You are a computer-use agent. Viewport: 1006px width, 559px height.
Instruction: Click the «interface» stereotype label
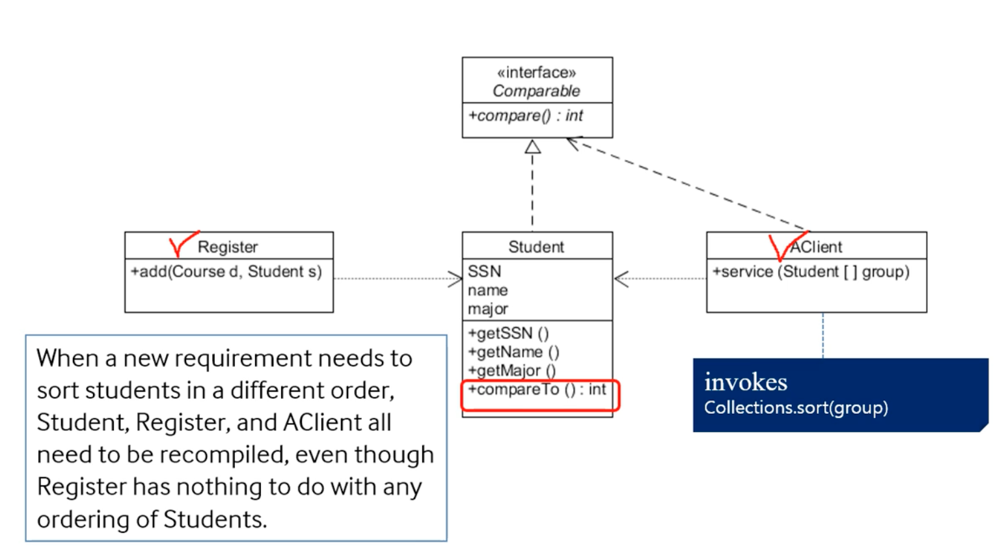pos(536,72)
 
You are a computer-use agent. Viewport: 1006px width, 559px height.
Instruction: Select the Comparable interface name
pos(536,91)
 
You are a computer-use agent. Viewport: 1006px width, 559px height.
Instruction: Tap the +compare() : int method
pos(525,116)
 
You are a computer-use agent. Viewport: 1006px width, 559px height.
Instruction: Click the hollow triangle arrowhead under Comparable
pos(532,147)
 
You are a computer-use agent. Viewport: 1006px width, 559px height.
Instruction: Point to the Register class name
pos(228,247)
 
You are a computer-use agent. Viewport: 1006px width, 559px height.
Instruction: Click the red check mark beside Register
pos(182,244)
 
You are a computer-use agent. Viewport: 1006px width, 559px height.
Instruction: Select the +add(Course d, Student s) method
pos(226,272)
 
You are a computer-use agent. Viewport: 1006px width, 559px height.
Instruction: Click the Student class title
pos(536,247)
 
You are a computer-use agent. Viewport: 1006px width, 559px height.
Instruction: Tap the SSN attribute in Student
pos(485,272)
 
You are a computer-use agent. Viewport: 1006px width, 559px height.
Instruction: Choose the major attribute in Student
pos(488,309)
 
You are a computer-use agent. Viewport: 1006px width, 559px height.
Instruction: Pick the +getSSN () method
pos(508,334)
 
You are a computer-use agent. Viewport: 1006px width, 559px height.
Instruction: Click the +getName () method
pos(513,352)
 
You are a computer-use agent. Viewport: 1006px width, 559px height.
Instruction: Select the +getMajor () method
pos(512,371)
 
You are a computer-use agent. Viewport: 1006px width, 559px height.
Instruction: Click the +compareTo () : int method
pos(537,390)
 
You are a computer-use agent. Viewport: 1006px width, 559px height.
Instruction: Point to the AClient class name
pos(817,247)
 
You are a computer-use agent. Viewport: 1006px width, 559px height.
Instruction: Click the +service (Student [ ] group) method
pos(811,272)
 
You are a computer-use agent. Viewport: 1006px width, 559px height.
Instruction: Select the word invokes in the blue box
pos(746,382)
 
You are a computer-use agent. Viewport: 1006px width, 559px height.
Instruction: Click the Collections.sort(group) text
pos(796,408)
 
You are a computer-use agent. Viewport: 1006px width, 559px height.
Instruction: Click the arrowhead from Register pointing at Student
pos(455,279)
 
